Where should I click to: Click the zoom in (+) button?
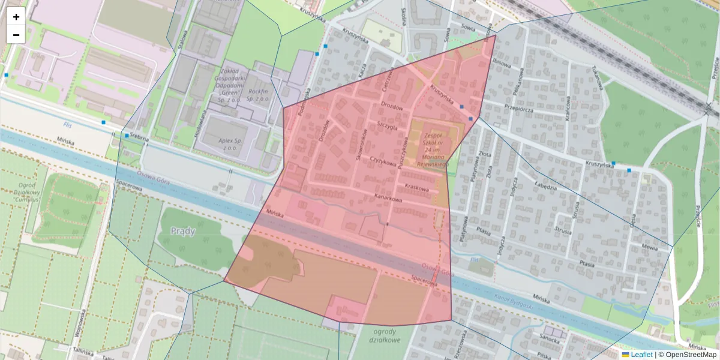[x=16, y=17]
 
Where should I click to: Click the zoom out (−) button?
[x=16, y=35]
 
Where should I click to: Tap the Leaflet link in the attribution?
[x=641, y=355]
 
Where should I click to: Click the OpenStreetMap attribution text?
[x=689, y=355]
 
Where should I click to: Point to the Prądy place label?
[x=183, y=231]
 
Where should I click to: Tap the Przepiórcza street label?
[x=520, y=109]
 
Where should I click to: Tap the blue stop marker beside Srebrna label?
[x=127, y=136]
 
